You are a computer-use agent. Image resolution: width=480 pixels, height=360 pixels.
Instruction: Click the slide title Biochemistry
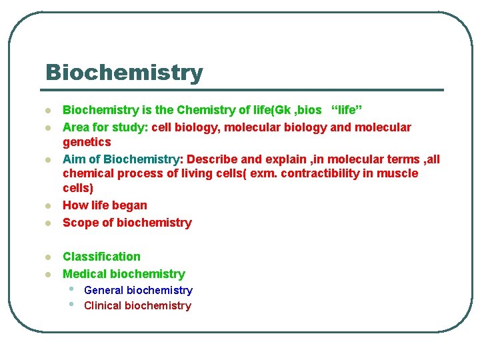coord(124,72)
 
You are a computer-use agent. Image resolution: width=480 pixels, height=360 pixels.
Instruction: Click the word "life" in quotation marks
coord(347,109)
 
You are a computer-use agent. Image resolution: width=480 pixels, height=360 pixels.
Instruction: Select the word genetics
coord(87,142)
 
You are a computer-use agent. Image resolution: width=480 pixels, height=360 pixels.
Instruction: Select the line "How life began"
coord(105,205)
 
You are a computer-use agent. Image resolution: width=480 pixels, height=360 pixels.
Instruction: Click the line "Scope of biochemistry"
coord(127,223)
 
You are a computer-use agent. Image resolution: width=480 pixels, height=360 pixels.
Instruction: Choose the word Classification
coord(101,257)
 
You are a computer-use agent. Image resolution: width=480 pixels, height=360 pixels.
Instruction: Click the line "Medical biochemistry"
coord(123,274)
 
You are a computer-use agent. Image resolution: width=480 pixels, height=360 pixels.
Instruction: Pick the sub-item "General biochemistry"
coord(138,290)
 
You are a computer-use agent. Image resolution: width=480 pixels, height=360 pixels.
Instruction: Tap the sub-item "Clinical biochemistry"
coord(137,305)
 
